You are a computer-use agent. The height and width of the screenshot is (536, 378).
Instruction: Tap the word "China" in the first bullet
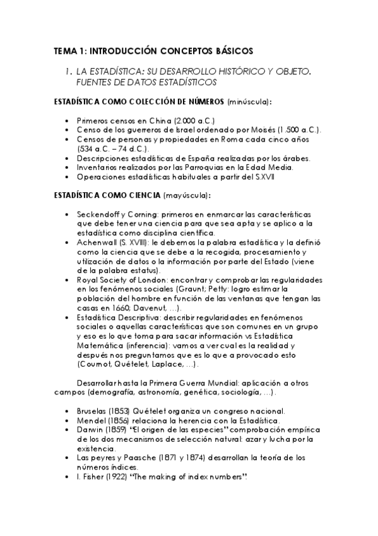tap(162, 120)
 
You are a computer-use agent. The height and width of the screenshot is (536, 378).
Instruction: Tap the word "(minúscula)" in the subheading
tap(251, 101)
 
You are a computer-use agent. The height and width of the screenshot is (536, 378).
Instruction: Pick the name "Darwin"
tap(90, 430)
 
